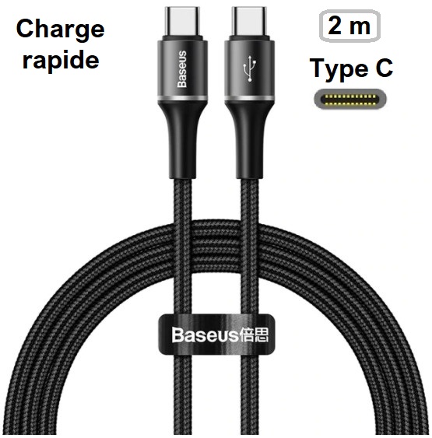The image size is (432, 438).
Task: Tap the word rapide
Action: click(x=61, y=60)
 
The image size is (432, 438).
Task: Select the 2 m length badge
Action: click(x=349, y=26)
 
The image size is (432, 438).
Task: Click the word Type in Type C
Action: click(x=339, y=69)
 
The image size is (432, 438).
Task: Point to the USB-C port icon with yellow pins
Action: click(x=350, y=99)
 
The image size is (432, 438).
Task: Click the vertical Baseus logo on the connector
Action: click(x=182, y=69)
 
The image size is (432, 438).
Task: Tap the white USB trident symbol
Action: click(x=249, y=68)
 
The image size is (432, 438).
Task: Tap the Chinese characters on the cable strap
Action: click(x=254, y=335)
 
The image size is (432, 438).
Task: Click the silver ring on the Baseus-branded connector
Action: click(x=182, y=98)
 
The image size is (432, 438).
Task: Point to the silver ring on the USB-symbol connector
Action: click(x=250, y=98)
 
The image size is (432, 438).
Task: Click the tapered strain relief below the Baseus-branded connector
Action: click(x=182, y=140)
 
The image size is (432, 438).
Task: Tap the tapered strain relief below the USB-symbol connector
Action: click(x=250, y=140)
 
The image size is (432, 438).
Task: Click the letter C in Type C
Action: click(x=385, y=68)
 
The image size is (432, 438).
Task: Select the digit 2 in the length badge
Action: click(x=335, y=26)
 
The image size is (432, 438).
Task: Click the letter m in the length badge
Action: click(x=360, y=27)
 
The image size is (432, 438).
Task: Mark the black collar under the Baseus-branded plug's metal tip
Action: click(x=182, y=38)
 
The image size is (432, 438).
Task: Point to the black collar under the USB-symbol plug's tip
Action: click(x=250, y=38)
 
